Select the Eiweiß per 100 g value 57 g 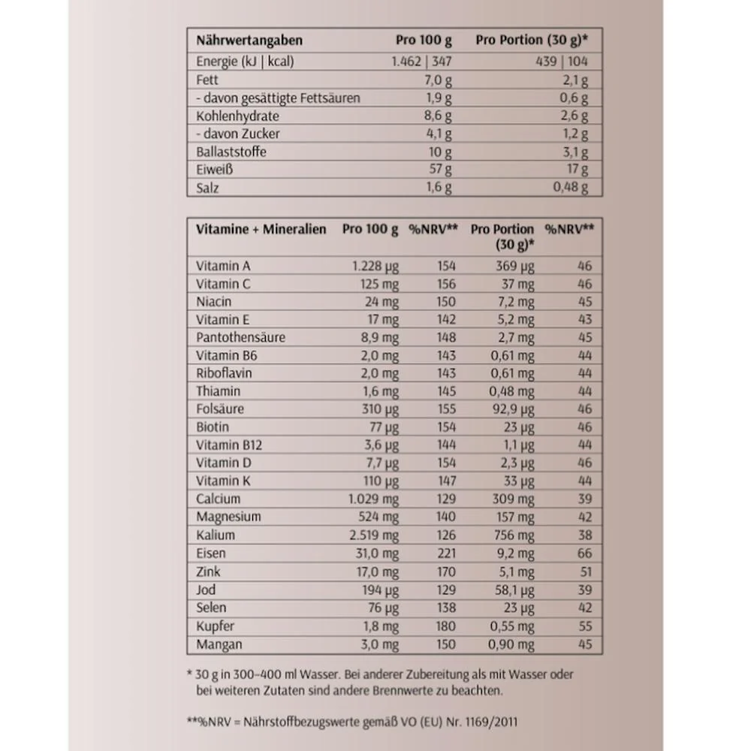[439, 170]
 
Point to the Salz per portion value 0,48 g [571, 188]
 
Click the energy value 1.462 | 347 [421, 62]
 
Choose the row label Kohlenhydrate [237, 116]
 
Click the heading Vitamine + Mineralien [261, 229]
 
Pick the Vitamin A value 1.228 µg [375, 266]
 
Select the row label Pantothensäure [240, 337]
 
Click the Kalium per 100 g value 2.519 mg [374, 535]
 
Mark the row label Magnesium [228, 517]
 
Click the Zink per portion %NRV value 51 [585, 572]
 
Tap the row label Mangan [219, 644]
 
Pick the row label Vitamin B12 [229, 445]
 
